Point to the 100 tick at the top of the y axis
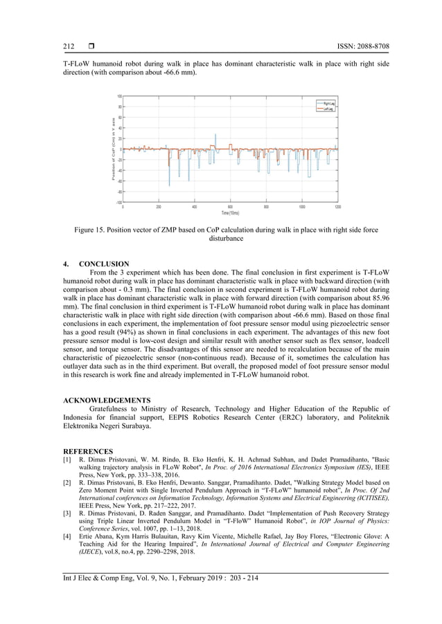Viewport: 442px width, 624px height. tap(119, 97)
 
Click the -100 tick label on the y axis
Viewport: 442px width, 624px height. tap(119, 202)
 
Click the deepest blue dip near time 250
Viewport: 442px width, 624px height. tap(169, 185)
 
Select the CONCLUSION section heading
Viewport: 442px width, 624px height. tap(103, 264)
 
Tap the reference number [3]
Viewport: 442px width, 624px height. tap(67, 507)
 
